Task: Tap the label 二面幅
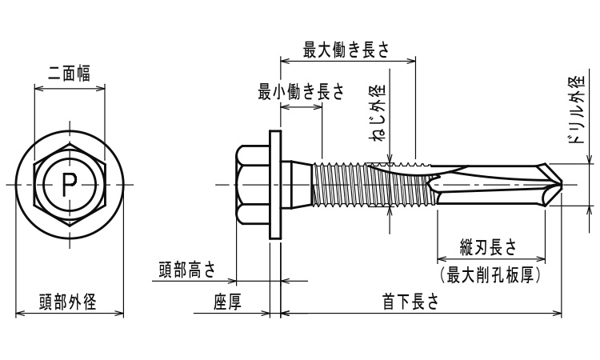coord(68,72)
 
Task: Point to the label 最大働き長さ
coord(346,49)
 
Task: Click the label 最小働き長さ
coord(300,92)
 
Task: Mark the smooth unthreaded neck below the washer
coord(300,184)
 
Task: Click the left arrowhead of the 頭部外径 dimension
coord(19,314)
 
